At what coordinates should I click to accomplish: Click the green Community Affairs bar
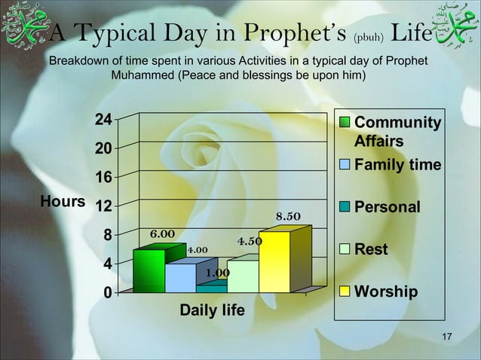pyautogui.click(x=149, y=271)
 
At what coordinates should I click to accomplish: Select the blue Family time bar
pyautogui.click(x=180, y=278)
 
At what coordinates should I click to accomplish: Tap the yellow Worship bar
pyautogui.click(x=274, y=262)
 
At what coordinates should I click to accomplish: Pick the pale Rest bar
pyautogui.click(x=242, y=276)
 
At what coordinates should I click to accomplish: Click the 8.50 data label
pyautogui.click(x=288, y=218)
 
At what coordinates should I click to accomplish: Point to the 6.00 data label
pyautogui.click(x=162, y=234)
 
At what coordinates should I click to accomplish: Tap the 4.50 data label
pyautogui.click(x=250, y=242)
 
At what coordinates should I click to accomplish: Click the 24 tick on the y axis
pyautogui.click(x=103, y=120)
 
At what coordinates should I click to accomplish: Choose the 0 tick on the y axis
pyautogui.click(x=107, y=293)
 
